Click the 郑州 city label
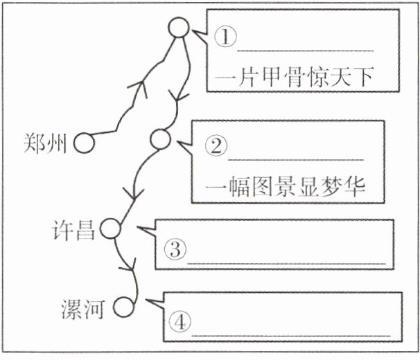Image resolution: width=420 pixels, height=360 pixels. (46, 143)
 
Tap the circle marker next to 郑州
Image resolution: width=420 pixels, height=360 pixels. (85, 143)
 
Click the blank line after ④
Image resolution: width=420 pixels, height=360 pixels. (291, 334)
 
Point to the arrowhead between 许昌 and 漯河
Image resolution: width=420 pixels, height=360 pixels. (132, 267)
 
